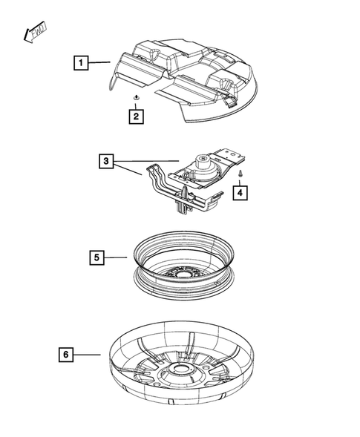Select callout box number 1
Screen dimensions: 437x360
click(x=81, y=63)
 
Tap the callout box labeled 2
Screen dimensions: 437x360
click(x=135, y=116)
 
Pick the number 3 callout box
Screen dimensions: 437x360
click(x=108, y=160)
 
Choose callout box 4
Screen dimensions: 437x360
click(x=241, y=193)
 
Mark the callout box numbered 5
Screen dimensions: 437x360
click(x=96, y=257)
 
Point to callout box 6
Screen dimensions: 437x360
click(x=66, y=355)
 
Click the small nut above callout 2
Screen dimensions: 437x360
click(x=135, y=98)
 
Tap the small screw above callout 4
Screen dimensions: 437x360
click(x=241, y=174)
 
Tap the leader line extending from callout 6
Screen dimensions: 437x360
click(x=88, y=355)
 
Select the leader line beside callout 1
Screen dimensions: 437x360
click(x=100, y=63)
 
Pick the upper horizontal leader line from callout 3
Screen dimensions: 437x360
click(x=148, y=160)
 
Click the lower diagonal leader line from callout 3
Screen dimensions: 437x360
click(x=130, y=170)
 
